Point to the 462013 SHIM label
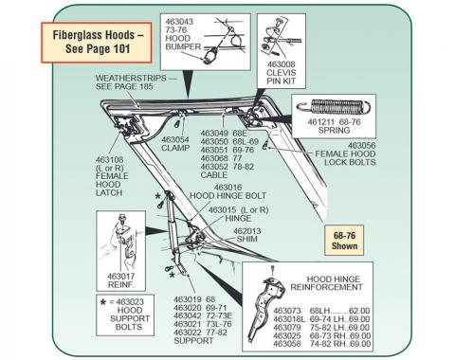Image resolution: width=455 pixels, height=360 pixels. [248, 235]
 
